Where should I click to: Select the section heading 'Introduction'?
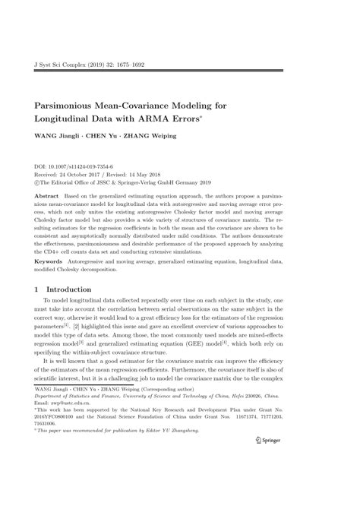pos(71,289)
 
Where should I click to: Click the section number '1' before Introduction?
pos(38,289)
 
